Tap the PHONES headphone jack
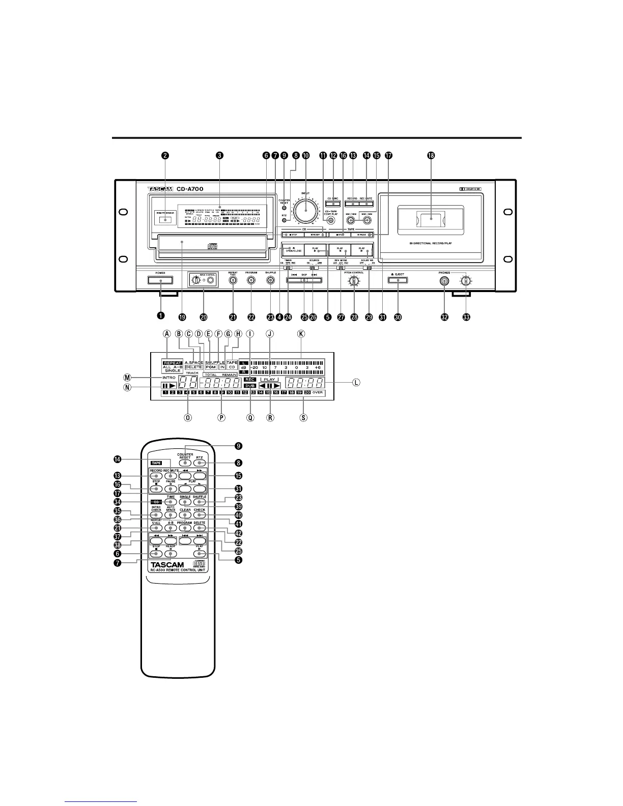pyautogui.click(x=445, y=280)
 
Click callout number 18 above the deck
pyautogui.click(x=431, y=156)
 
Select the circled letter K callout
pyautogui.click(x=301, y=334)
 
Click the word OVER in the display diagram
pyautogui.click(x=318, y=393)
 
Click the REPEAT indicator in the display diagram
pyautogui.click(x=173, y=363)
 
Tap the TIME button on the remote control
pyautogui.click(x=171, y=502)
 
